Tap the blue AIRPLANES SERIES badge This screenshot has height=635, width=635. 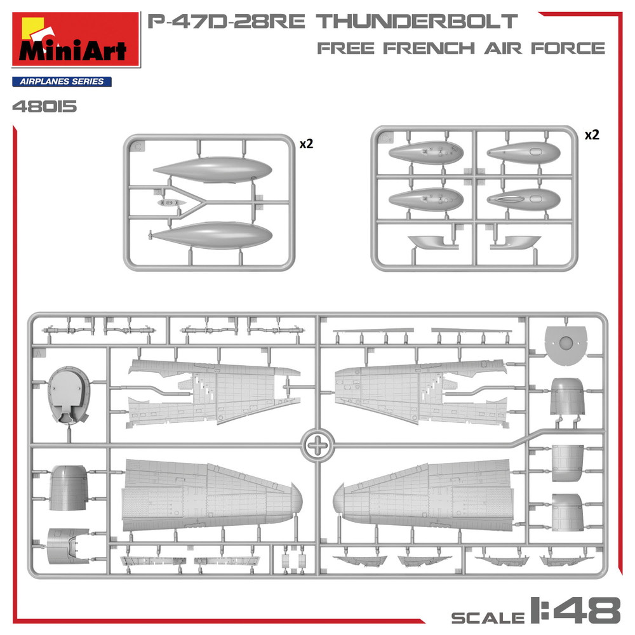(x=62, y=81)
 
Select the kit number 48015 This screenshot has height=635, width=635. (x=44, y=106)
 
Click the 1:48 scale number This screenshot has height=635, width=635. (x=575, y=610)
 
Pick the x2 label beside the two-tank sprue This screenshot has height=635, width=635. (x=306, y=144)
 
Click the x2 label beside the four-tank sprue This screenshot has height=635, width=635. (x=591, y=135)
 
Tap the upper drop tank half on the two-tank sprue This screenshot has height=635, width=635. (x=213, y=169)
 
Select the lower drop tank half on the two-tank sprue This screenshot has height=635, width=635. (x=213, y=236)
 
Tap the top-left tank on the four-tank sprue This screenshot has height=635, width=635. (x=425, y=152)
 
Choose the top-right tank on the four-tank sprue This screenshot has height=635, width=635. (x=524, y=152)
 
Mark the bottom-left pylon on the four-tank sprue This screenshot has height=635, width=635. (x=429, y=241)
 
